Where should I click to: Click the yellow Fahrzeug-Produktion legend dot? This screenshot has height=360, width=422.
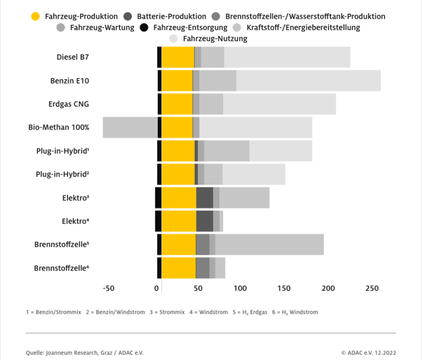click(x=36, y=16)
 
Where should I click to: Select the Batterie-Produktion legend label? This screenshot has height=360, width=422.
click(x=171, y=16)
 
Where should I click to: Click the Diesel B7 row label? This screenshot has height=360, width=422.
click(x=73, y=57)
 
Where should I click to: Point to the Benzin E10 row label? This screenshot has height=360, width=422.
click(x=70, y=81)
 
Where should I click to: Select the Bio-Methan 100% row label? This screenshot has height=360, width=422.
click(x=59, y=127)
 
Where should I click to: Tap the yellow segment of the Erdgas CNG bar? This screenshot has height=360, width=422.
click(x=177, y=104)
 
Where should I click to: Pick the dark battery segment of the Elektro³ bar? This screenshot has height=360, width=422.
click(x=204, y=197)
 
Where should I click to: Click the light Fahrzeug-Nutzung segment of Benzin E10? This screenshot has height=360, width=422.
click(x=308, y=81)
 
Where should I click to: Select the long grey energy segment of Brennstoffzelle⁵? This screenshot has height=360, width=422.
click(x=269, y=244)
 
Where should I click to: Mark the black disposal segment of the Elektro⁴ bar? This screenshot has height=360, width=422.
click(x=158, y=221)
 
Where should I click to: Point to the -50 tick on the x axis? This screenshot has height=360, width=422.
click(x=108, y=289)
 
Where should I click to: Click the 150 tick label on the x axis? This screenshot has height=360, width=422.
click(x=284, y=289)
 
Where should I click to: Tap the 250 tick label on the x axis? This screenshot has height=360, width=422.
click(x=372, y=289)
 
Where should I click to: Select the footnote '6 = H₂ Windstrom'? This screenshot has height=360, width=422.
click(x=295, y=312)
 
